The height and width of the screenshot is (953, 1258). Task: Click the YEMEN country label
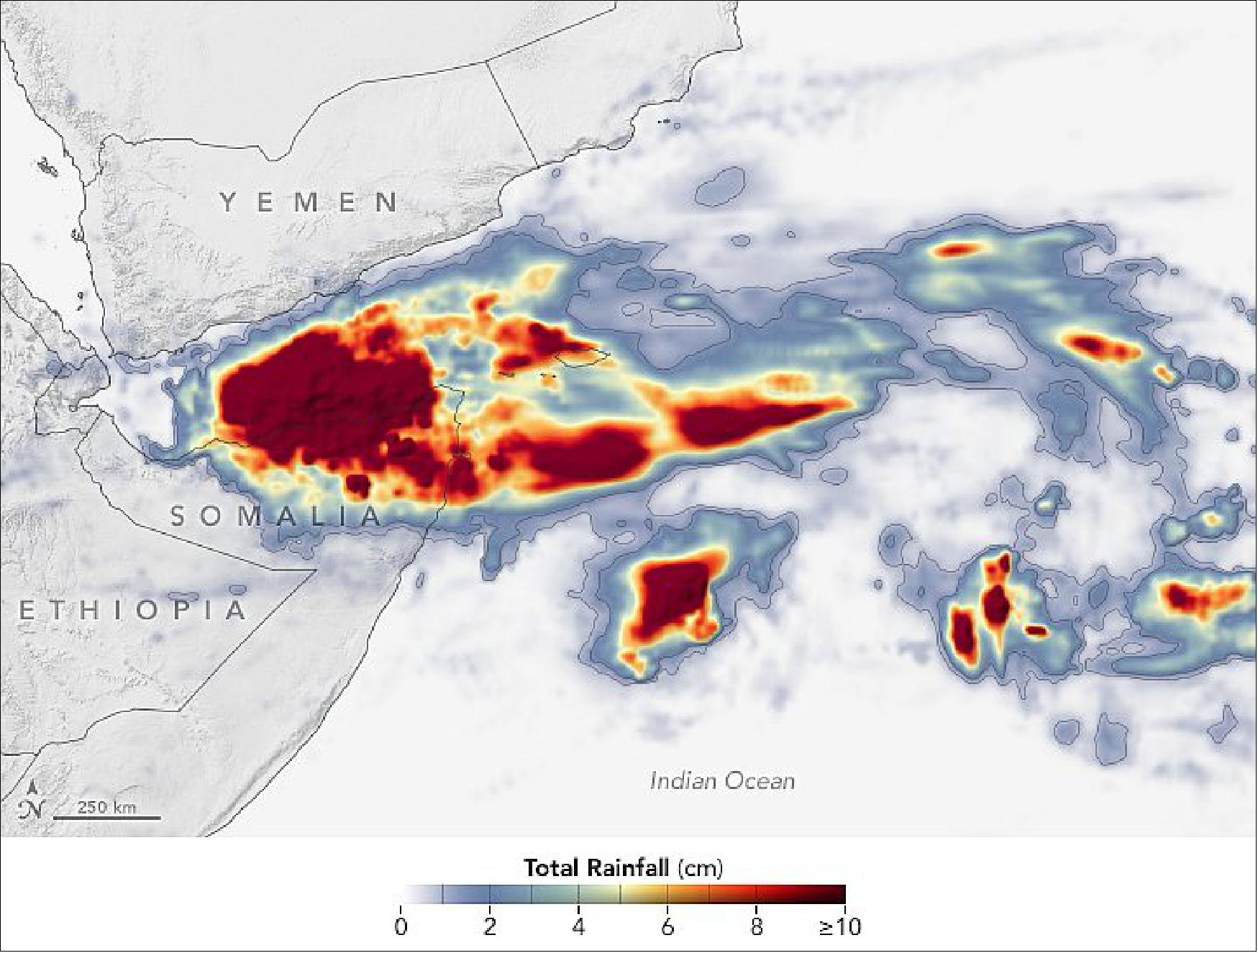[x=310, y=202]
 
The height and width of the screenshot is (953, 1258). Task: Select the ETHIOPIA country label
[x=134, y=611]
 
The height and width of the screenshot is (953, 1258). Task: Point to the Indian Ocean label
[x=722, y=780]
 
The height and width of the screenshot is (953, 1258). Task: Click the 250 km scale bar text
[x=106, y=807]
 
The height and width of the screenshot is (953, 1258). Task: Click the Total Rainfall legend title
[x=623, y=868]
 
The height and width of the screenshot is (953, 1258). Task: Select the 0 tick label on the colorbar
[x=401, y=926]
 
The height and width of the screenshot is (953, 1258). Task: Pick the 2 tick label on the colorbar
[x=490, y=926]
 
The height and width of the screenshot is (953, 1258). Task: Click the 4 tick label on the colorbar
[x=579, y=926]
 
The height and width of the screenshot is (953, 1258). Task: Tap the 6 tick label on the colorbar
[x=667, y=926]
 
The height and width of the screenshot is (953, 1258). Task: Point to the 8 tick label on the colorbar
[x=757, y=926]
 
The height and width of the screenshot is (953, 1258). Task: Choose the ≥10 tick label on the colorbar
[x=839, y=926]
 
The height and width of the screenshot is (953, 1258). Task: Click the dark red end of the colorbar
[x=834, y=894]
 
